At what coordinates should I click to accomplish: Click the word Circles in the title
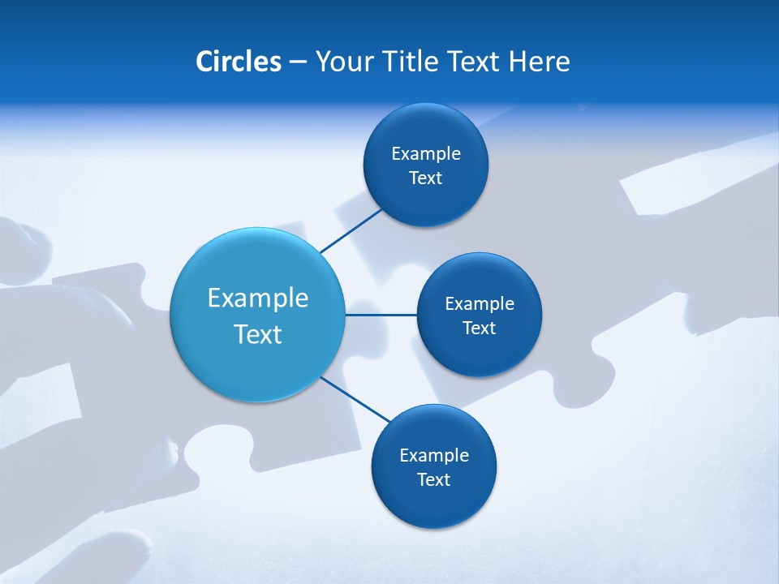coord(239,62)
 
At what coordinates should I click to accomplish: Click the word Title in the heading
coord(411,62)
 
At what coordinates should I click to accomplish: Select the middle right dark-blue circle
coord(479,353)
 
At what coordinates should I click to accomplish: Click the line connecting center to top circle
coord(351,231)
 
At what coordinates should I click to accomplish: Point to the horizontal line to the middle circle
coord(381,315)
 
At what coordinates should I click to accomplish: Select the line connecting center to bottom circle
coord(355,399)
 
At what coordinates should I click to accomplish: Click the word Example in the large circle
coord(257,298)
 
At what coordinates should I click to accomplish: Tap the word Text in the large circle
coord(257,334)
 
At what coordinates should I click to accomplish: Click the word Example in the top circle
coord(425,154)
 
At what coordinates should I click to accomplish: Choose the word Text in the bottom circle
coord(433,479)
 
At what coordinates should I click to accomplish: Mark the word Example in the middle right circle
coord(479,304)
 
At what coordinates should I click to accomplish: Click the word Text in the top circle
coord(425,178)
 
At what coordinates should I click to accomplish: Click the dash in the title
coord(298,62)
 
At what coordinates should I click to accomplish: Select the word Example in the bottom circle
coord(433,455)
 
